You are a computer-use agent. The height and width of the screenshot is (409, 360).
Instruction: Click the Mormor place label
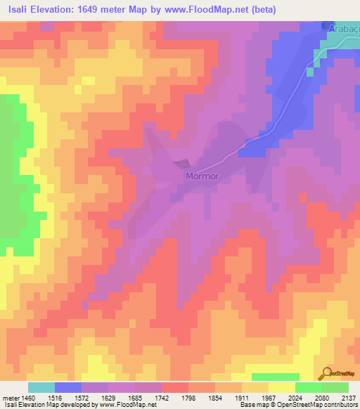pyautogui.click(x=204, y=176)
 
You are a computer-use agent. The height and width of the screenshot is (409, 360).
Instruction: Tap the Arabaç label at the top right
pyautogui.click(x=343, y=29)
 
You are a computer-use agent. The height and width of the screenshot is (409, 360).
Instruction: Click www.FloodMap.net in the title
pyautogui.click(x=210, y=10)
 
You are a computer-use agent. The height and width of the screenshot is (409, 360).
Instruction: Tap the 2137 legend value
pyautogui.click(x=349, y=398)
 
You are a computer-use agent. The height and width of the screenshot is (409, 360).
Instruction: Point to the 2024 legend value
pyautogui.click(x=295, y=398)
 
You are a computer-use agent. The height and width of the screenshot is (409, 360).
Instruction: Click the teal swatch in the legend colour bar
pyautogui.click(x=41, y=387)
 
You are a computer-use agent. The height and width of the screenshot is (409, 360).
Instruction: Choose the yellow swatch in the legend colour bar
pyautogui.click(x=282, y=387)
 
